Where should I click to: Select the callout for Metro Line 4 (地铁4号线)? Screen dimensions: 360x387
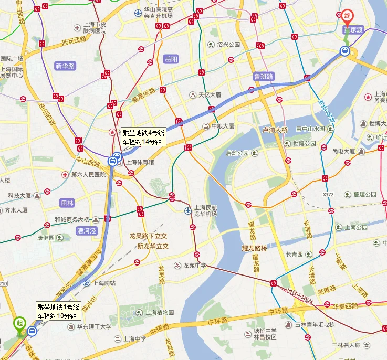[x=143, y=137]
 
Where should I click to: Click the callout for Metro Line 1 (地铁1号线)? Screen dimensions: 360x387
[x=58, y=311]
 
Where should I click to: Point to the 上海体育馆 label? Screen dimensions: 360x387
[x=140, y=162]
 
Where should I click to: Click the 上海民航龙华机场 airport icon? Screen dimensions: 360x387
[x=188, y=210]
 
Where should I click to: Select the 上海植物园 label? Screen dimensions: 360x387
[x=160, y=312]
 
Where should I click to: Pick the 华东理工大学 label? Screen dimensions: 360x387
[x=95, y=326]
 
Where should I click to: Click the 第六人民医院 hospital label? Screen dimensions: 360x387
[x=88, y=174]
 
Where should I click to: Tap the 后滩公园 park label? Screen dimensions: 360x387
[x=237, y=153]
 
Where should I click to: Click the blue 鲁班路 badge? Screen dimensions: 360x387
[x=263, y=76]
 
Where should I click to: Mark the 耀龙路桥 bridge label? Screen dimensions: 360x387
[x=255, y=247]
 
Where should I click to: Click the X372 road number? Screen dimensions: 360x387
[x=328, y=194]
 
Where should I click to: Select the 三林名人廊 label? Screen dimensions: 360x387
[x=346, y=345]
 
